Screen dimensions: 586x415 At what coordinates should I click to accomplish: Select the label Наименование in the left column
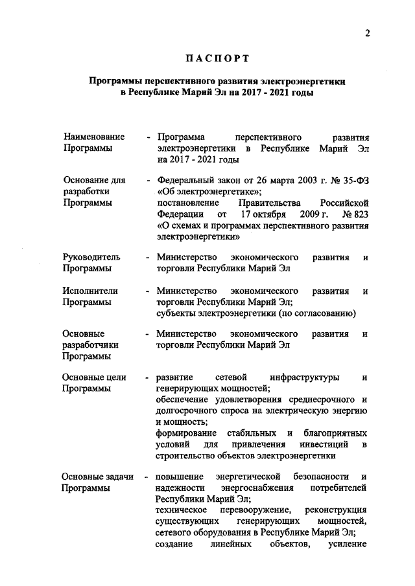click(94, 137)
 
